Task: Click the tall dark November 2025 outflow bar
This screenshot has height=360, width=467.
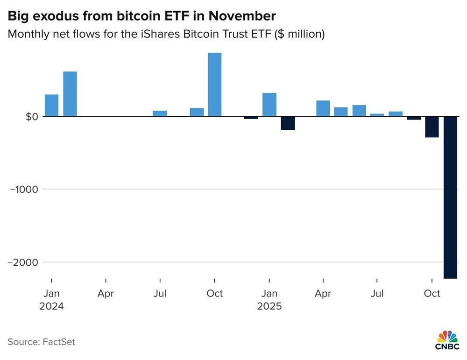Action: click(x=450, y=197)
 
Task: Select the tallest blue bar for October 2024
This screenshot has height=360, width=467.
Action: click(x=214, y=85)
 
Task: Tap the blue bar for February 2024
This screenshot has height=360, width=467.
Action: click(x=70, y=94)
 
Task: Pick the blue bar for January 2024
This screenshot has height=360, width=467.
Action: click(x=52, y=105)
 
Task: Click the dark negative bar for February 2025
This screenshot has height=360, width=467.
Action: click(x=288, y=123)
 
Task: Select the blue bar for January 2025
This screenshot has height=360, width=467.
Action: click(x=269, y=105)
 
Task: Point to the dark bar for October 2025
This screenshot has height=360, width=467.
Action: click(x=432, y=127)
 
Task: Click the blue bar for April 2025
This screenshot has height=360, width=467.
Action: click(x=323, y=108)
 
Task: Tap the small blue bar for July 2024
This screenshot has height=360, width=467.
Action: click(x=160, y=113)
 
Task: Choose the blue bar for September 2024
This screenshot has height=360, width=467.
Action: click(x=197, y=112)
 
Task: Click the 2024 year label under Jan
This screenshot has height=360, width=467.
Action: click(x=51, y=307)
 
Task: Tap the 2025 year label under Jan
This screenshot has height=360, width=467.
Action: click(x=269, y=307)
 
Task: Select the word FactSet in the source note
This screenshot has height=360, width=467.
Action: click(x=58, y=342)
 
